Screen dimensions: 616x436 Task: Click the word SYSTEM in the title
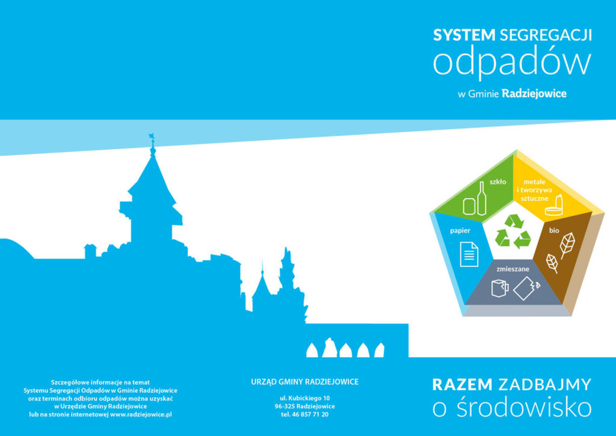pyautogui.click(x=464, y=35)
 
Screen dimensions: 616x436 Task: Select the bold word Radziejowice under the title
pyautogui.click(x=534, y=94)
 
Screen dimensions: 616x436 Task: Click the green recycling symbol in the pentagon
pyautogui.click(x=513, y=232)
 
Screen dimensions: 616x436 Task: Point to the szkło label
pyautogui.click(x=498, y=182)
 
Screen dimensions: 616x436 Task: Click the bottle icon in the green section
pyautogui.click(x=482, y=198)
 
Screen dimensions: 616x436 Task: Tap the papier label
pyautogui.click(x=460, y=231)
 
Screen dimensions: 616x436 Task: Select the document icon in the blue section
pyautogui.click(x=469, y=254)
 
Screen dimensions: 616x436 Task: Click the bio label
pyautogui.click(x=554, y=230)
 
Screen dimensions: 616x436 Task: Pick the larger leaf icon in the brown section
pyautogui.click(x=567, y=245)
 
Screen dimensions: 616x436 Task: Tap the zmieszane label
pyautogui.click(x=513, y=269)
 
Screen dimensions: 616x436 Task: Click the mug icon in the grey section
pyautogui.click(x=500, y=288)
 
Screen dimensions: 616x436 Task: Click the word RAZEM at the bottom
pyautogui.click(x=462, y=384)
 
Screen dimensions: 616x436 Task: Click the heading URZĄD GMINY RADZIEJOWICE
pyautogui.click(x=305, y=381)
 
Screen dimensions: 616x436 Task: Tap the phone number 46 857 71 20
pyautogui.click(x=310, y=414)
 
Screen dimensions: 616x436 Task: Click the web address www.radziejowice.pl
pyautogui.click(x=141, y=414)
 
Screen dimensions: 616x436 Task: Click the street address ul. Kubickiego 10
pyautogui.click(x=305, y=399)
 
